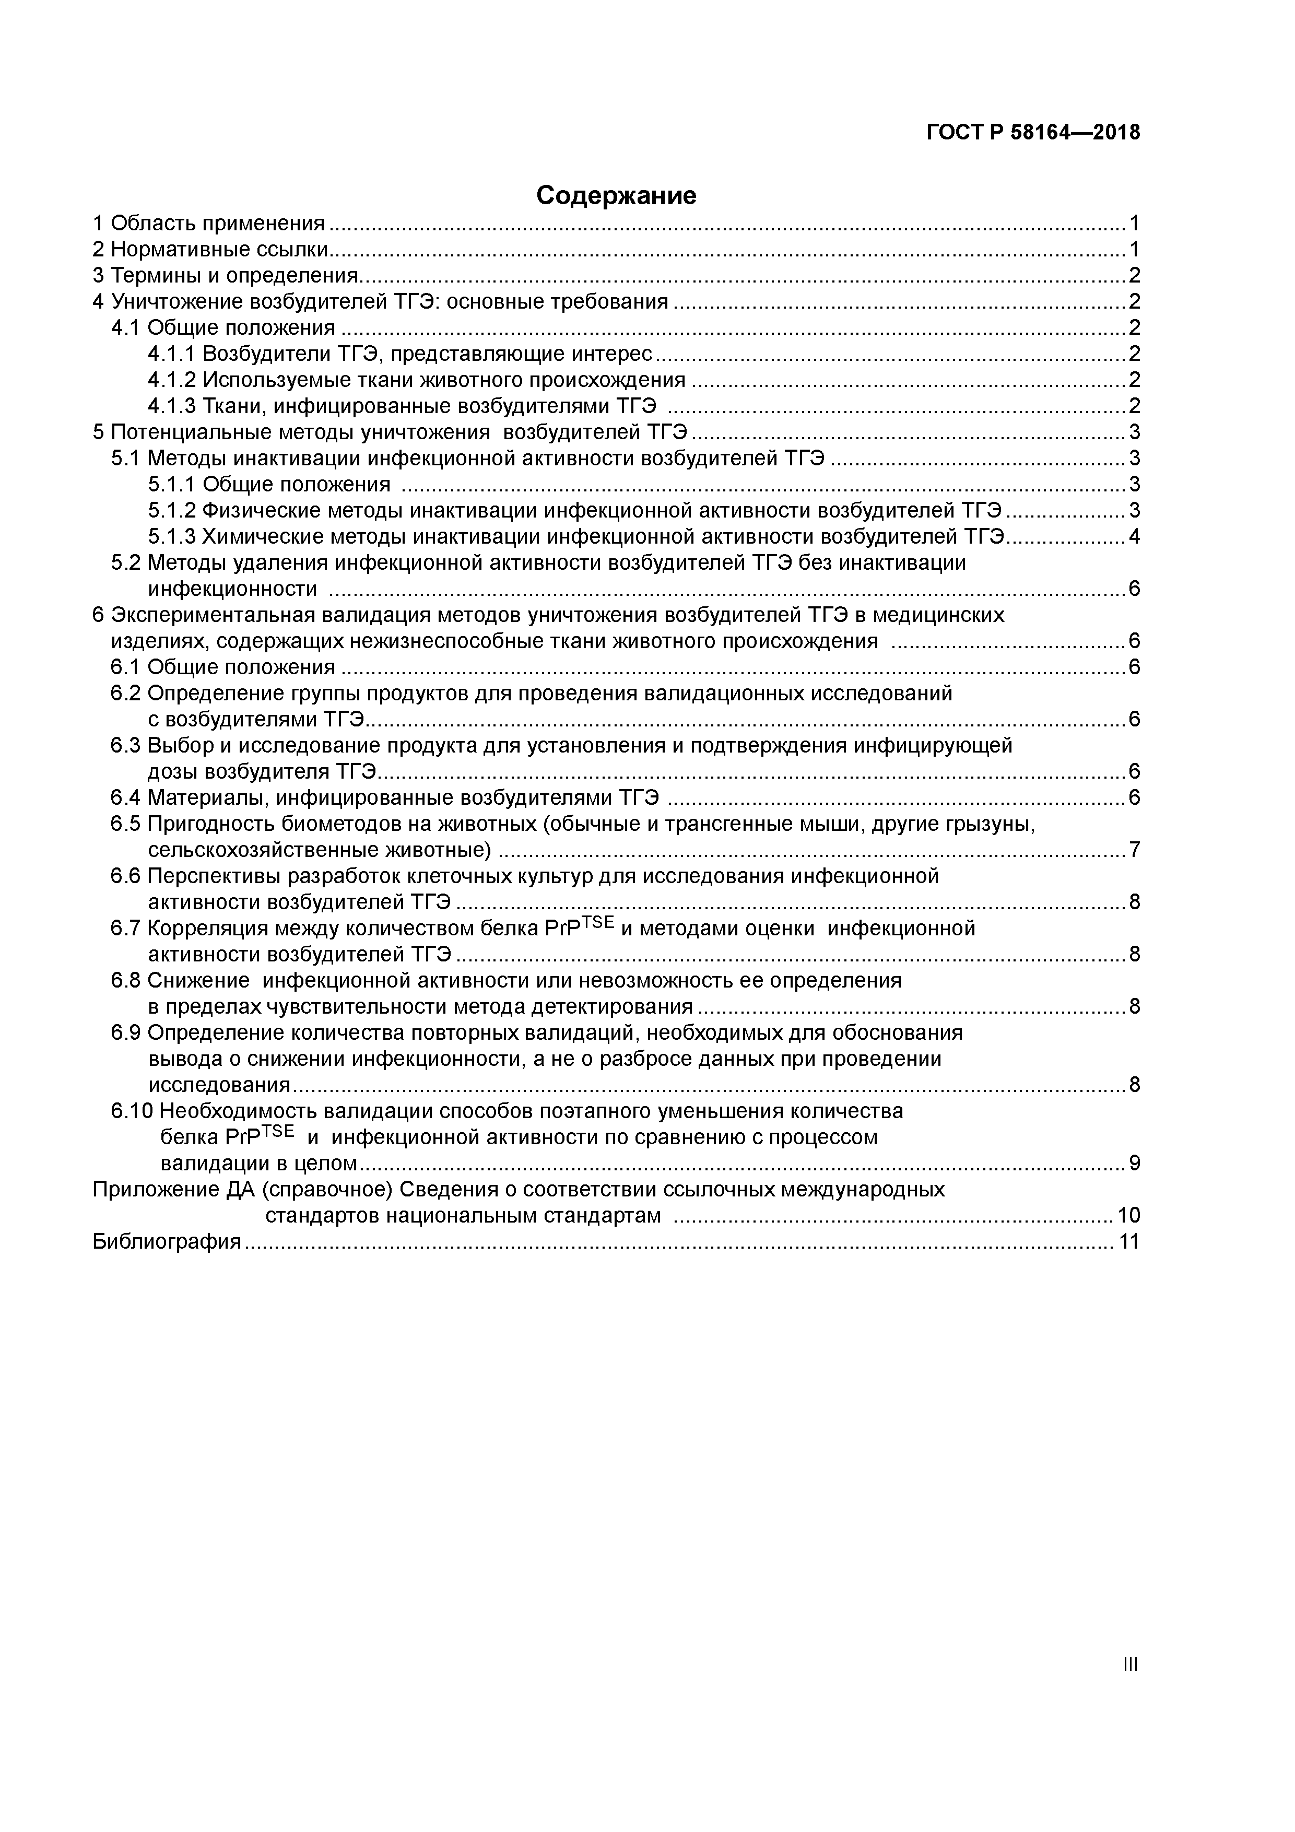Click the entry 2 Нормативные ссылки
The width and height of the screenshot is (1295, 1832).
[x=210, y=250]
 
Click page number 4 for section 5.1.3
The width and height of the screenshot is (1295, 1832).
[x=1134, y=537]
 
